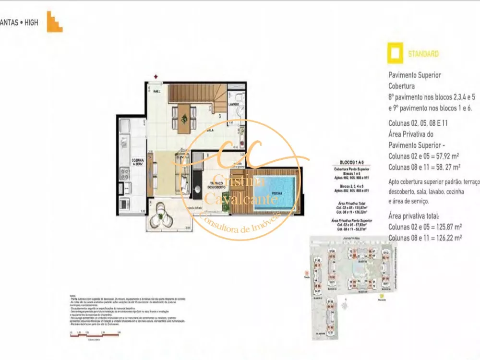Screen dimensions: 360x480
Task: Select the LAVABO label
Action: pyautogui.click(x=234, y=104)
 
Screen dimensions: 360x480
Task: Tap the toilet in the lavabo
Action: pyautogui.click(x=241, y=111)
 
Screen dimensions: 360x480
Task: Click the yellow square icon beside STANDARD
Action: pyautogui.click(x=396, y=54)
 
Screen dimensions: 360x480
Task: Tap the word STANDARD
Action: pyautogui.click(x=423, y=54)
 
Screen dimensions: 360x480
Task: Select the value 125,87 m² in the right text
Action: pyautogui.click(x=445, y=227)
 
